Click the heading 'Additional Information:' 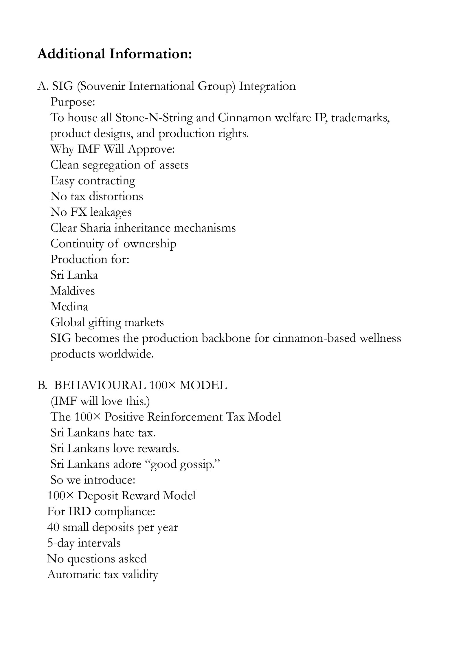(115, 54)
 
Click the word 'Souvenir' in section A (102, 86)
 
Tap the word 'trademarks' (360, 118)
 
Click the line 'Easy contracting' (93, 181)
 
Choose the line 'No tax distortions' (97, 196)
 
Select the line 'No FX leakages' (91, 212)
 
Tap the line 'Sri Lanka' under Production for (74, 275)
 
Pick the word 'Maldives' (73, 291)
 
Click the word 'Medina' (69, 307)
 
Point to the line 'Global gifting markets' (107, 322)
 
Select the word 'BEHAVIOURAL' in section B (100, 385)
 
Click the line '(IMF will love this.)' (100, 401)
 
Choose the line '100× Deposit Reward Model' (121, 496)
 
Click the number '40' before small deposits (53, 527)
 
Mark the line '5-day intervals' (84, 543)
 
